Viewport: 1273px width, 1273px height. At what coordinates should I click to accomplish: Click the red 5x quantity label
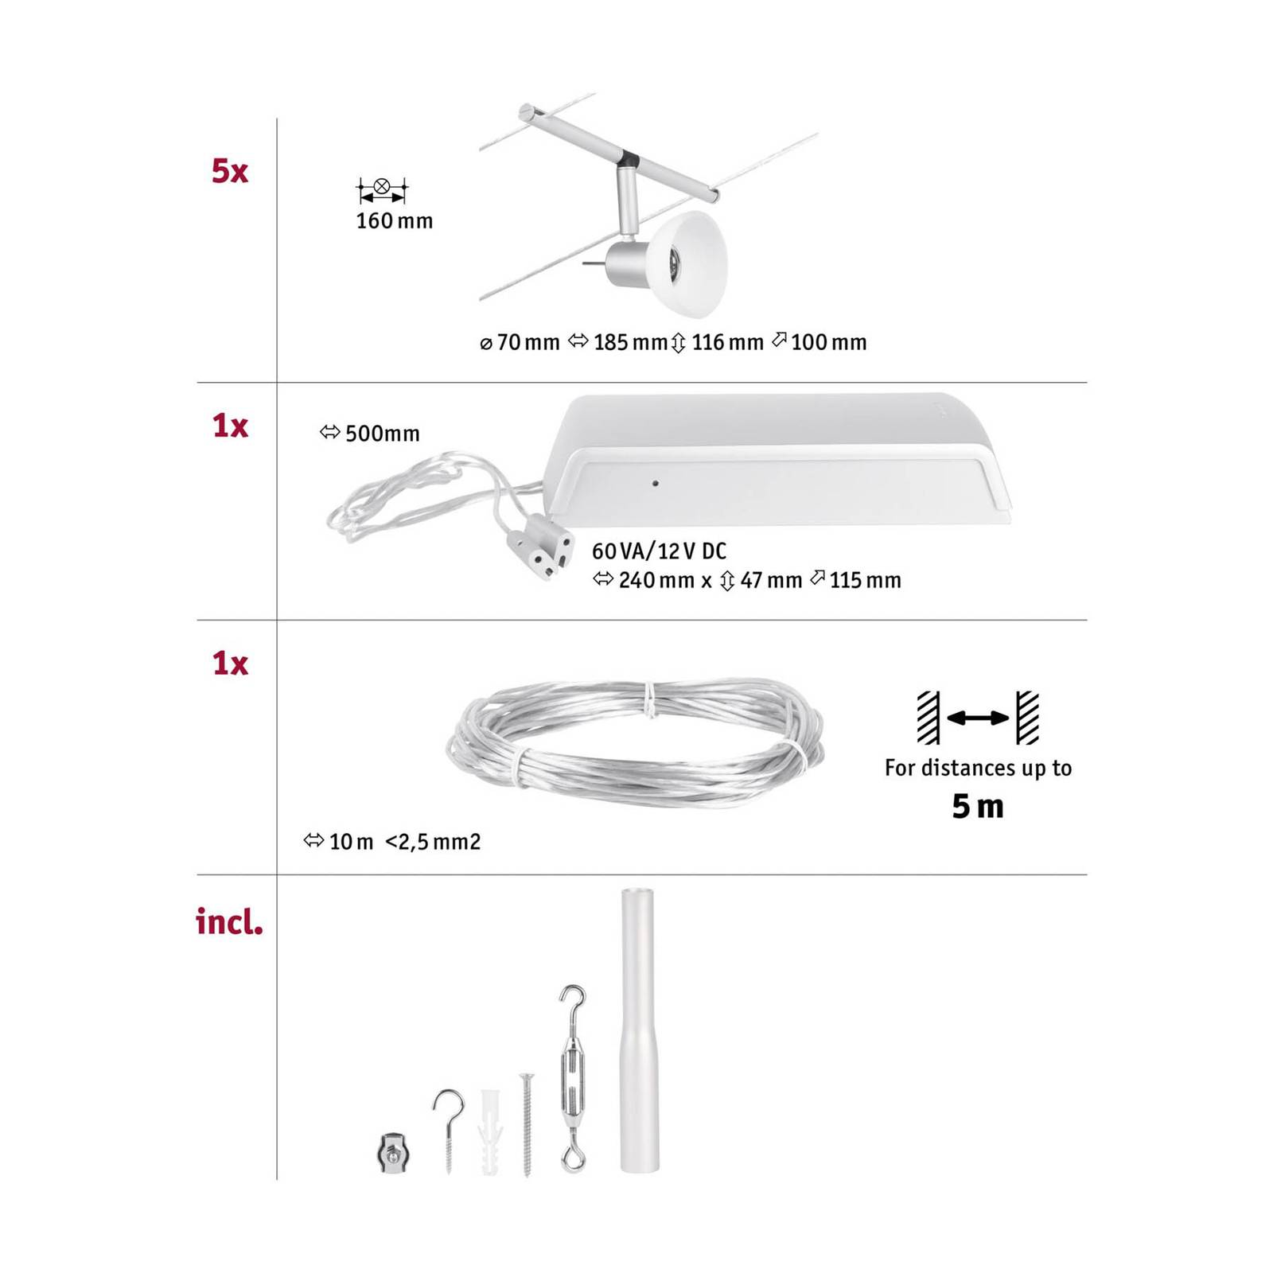[229, 172]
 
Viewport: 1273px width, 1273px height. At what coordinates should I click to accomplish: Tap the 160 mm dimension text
[394, 221]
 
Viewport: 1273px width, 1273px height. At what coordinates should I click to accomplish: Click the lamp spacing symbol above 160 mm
[382, 189]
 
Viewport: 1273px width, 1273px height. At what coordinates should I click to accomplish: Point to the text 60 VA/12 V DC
[659, 551]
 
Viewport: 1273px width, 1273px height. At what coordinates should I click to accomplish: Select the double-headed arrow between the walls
[978, 718]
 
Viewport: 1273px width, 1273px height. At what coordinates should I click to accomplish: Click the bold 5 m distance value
[978, 807]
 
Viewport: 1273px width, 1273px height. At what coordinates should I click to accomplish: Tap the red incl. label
[229, 923]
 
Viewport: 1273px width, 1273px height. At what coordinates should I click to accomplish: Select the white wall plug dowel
[490, 1130]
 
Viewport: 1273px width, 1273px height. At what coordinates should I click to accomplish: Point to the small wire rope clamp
[388, 1152]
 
